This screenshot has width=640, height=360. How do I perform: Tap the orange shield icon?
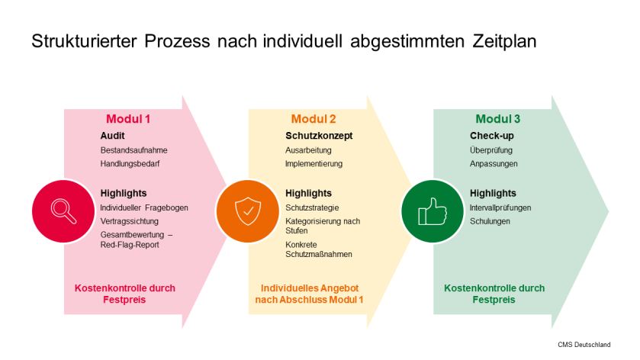[246, 211]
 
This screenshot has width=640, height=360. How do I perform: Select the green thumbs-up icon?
[432, 211]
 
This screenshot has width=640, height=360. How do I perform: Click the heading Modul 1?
[128, 119]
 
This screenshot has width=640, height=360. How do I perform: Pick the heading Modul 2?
[314, 119]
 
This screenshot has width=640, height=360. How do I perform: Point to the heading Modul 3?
[498, 119]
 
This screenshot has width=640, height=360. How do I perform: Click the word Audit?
[112, 136]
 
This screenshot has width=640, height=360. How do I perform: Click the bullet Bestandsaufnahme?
[133, 150]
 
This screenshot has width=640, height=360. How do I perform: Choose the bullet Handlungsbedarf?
[130, 163]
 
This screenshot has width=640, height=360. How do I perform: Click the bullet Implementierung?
[314, 163]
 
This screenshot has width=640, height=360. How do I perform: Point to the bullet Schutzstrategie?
[312, 207]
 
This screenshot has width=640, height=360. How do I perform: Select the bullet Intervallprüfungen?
[500, 207]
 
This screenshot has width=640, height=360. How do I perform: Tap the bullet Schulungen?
[490, 220]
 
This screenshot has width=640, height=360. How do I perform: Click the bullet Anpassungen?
[494, 163]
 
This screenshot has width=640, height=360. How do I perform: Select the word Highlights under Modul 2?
[308, 193]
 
